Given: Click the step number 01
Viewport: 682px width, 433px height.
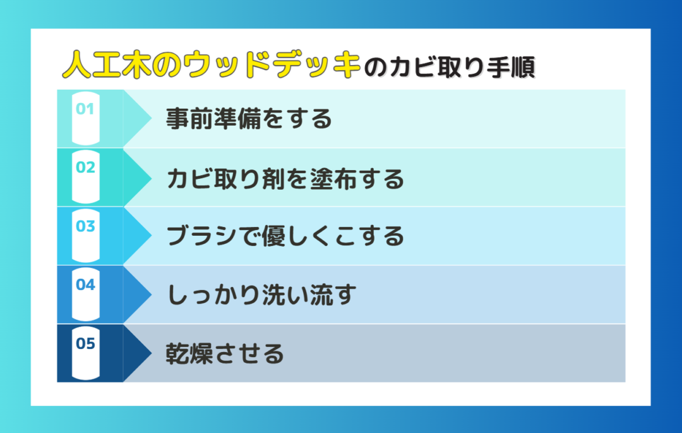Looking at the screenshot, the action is (x=85, y=109).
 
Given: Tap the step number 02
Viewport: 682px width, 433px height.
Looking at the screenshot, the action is (x=85, y=167).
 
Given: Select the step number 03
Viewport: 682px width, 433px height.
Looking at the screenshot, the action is (x=85, y=226).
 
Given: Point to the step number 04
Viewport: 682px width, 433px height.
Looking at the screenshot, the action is (x=85, y=284).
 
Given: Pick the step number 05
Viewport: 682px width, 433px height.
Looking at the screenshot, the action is (x=85, y=343).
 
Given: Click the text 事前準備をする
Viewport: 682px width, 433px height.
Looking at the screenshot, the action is (x=249, y=118).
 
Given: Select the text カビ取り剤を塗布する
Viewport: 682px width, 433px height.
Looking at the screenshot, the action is (x=285, y=178).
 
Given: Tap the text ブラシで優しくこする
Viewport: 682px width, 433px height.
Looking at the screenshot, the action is (x=285, y=236).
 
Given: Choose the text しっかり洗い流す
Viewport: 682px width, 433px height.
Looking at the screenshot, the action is (x=261, y=295).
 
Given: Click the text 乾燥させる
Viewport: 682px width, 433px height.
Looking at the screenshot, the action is (x=224, y=353).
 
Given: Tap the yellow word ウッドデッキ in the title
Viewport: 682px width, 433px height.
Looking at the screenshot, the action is (x=272, y=65).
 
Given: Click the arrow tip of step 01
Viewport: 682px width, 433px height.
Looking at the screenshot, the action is (x=151, y=118).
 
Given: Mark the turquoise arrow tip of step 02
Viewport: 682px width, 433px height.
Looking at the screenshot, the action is (x=151, y=177).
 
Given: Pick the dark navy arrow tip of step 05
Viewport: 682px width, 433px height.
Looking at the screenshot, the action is (x=151, y=353).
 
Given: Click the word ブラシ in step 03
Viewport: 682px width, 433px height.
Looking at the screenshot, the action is (x=202, y=236).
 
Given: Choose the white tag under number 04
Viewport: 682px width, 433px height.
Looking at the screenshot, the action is (x=85, y=295).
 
